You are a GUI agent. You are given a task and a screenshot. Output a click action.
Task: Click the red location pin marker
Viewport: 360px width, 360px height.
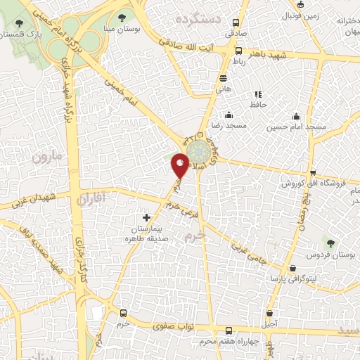(x=181, y=165)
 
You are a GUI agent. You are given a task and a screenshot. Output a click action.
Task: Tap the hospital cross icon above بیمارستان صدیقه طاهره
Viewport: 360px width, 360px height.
(x=147, y=217)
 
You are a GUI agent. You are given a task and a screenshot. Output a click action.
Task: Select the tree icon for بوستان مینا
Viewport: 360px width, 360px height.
(x=123, y=17)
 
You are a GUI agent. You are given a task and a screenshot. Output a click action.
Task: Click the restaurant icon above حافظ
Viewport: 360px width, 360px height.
(x=258, y=94)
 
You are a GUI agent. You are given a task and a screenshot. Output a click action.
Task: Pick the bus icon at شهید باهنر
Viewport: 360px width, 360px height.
(x=239, y=51)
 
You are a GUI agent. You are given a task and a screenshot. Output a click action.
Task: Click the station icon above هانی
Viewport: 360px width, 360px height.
(x=224, y=78)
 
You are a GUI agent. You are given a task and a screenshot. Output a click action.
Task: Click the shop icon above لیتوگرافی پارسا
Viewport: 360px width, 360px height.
(x=292, y=268)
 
